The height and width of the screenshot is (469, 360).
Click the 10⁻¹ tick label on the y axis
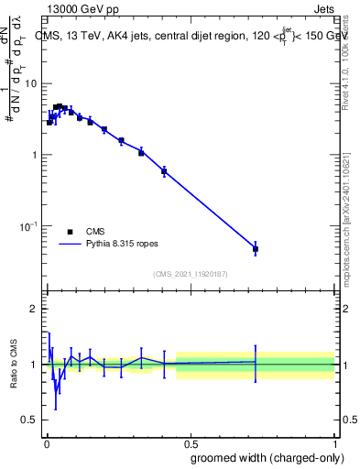(28, 225)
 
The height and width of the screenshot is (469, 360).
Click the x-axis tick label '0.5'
(191, 442)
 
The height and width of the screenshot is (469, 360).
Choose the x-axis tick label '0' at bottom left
(46, 442)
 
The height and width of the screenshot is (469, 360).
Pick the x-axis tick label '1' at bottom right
(335, 442)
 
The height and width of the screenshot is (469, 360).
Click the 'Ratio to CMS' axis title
(12, 364)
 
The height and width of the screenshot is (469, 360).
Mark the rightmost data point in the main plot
(256, 249)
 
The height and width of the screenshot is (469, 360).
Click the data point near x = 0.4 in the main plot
(164, 171)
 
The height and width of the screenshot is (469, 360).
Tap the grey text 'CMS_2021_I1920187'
(190, 274)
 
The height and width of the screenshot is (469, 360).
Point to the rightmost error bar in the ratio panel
(256, 362)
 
